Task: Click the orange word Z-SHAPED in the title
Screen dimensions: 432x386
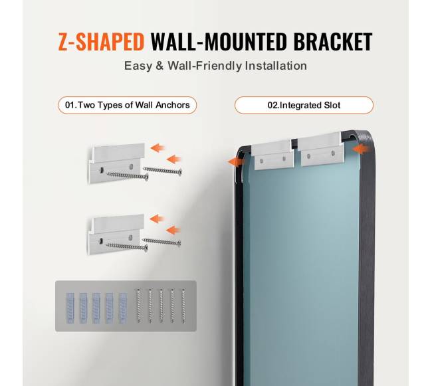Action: click(101, 42)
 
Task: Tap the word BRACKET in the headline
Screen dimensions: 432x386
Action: click(333, 42)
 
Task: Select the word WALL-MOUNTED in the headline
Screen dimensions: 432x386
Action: click(219, 42)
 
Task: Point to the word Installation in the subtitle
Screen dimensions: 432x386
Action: click(276, 66)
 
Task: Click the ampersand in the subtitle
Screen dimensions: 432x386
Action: click(160, 66)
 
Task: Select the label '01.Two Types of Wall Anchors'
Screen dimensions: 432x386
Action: click(128, 105)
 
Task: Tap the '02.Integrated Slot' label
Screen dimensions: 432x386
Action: click(304, 105)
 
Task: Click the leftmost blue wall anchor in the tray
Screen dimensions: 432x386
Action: click(70, 308)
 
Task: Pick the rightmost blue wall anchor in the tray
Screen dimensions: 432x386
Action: click(122, 308)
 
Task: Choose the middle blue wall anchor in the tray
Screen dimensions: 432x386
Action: click(96, 308)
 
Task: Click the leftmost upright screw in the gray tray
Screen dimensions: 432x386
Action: click(139, 306)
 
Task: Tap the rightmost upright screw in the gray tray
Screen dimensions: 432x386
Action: click(183, 306)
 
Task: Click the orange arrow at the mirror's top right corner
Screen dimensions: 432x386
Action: click(360, 149)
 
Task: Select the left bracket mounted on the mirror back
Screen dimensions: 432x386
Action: click(272, 155)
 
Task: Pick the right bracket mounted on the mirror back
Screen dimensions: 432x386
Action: click(322, 150)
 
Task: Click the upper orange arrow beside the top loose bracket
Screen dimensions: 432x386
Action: click(158, 148)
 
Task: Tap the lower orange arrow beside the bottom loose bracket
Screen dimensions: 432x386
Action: click(173, 230)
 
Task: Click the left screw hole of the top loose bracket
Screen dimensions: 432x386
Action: click(102, 170)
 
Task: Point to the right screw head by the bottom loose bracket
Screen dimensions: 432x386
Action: click(179, 243)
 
